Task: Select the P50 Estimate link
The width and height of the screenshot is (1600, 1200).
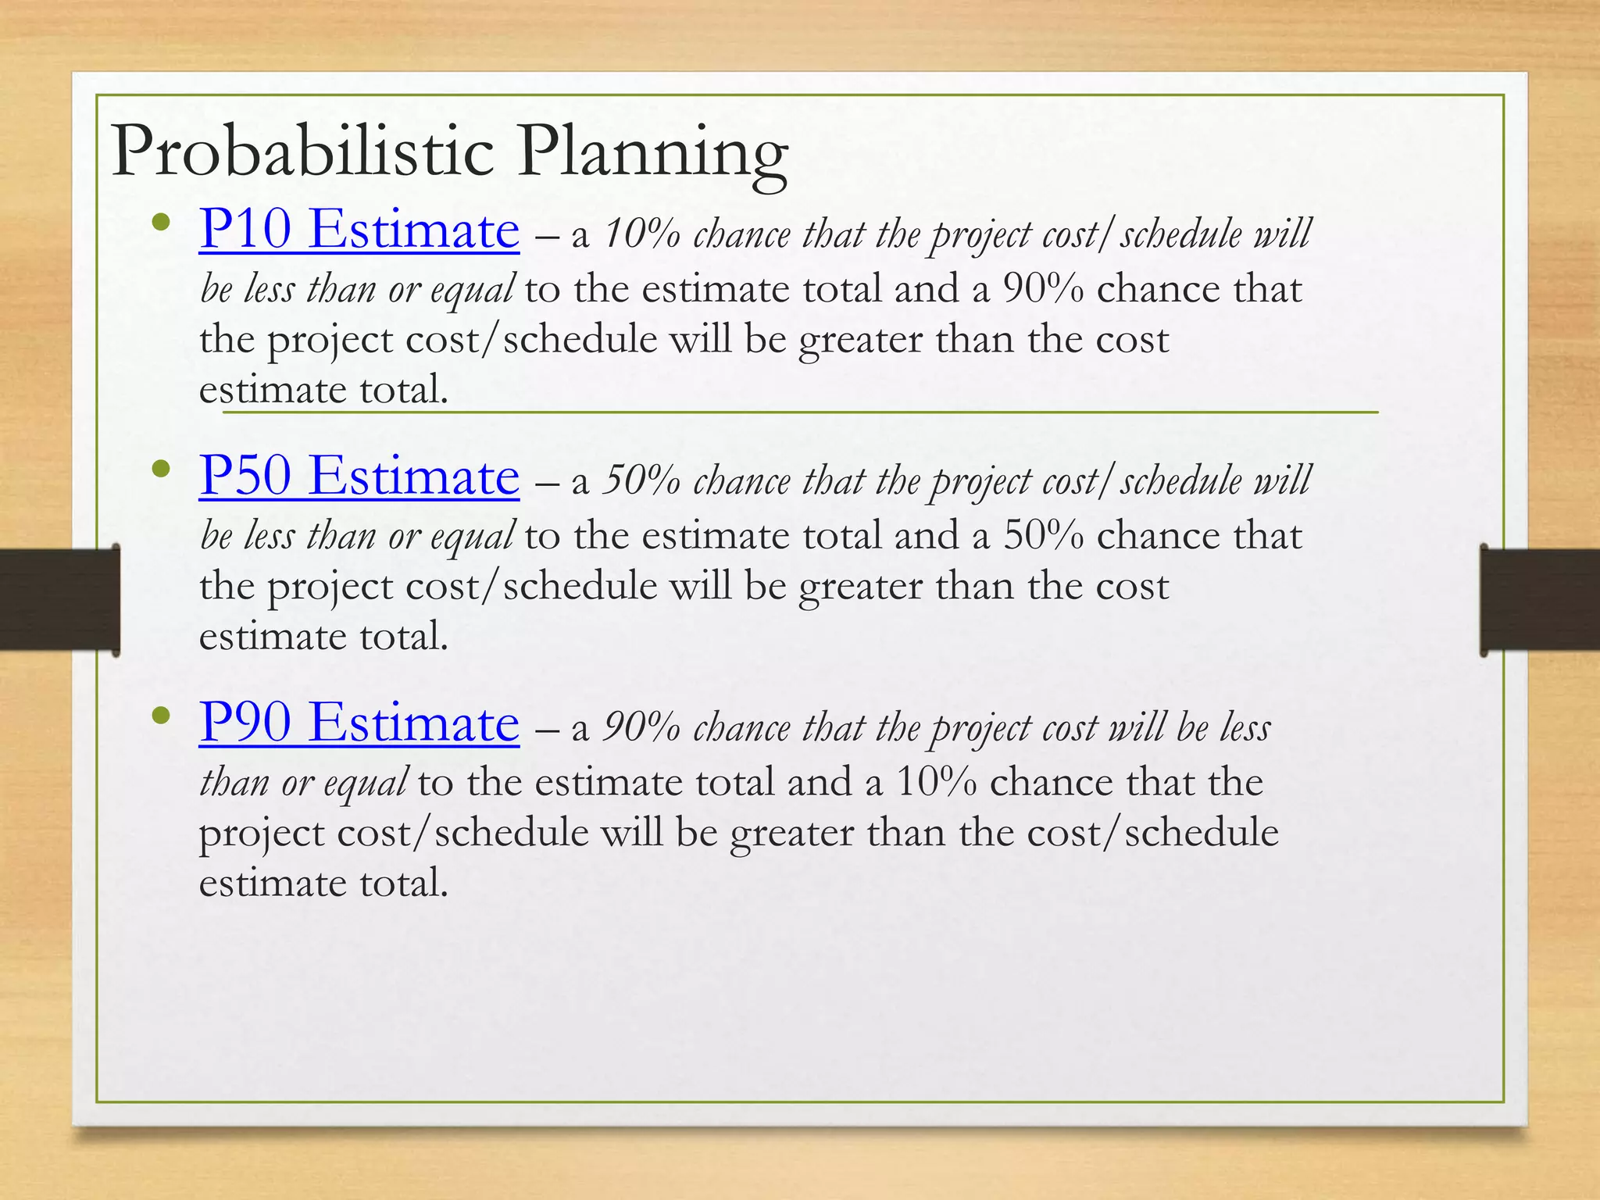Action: pyautogui.click(x=359, y=476)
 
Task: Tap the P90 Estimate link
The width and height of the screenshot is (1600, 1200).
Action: pyautogui.click(x=359, y=723)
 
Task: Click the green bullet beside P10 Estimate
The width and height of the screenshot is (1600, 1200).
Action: pyautogui.click(x=162, y=223)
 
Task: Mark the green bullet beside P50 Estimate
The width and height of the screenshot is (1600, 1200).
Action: pyautogui.click(x=162, y=470)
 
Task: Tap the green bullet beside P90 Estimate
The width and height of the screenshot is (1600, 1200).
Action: pyautogui.click(x=162, y=716)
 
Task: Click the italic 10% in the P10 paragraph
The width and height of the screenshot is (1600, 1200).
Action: pyautogui.click(x=641, y=234)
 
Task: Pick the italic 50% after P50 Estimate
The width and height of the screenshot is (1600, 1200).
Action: pyautogui.click(x=641, y=481)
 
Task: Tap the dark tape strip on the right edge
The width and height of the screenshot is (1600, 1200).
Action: pyautogui.click(x=1539, y=600)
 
